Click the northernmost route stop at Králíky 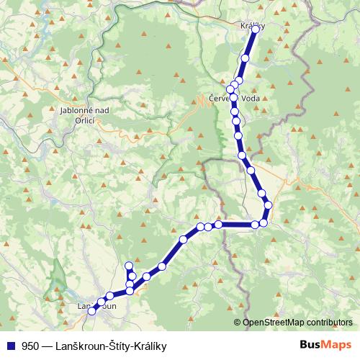(255, 30)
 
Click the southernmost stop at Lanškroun (91, 311)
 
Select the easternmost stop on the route (269, 206)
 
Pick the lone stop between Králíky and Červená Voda (246, 58)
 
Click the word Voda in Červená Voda (248, 99)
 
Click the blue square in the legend (10, 345)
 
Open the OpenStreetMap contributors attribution (297, 323)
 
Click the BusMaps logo (325, 344)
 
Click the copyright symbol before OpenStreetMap (238, 323)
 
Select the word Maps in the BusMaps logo (336, 344)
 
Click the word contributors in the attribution (328, 323)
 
